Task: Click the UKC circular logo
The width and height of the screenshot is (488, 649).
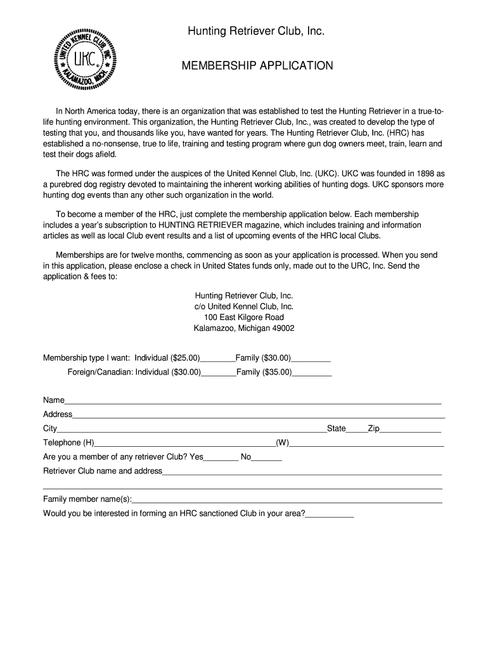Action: [x=87, y=59]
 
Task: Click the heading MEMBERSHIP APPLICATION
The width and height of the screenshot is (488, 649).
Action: [x=257, y=66]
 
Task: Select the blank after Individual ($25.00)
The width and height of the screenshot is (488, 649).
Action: [x=218, y=359]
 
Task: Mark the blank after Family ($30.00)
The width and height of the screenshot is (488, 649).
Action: [x=311, y=359]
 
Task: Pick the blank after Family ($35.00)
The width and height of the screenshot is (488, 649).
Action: [x=312, y=373]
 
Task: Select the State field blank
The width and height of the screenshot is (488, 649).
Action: [x=357, y=430]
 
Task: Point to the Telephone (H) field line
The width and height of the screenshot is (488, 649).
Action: [x=184, y=444]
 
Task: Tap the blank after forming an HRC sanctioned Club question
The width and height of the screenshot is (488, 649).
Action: [x=330, y=515]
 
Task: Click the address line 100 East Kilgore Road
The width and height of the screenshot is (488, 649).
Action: [x=244, y=317]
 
